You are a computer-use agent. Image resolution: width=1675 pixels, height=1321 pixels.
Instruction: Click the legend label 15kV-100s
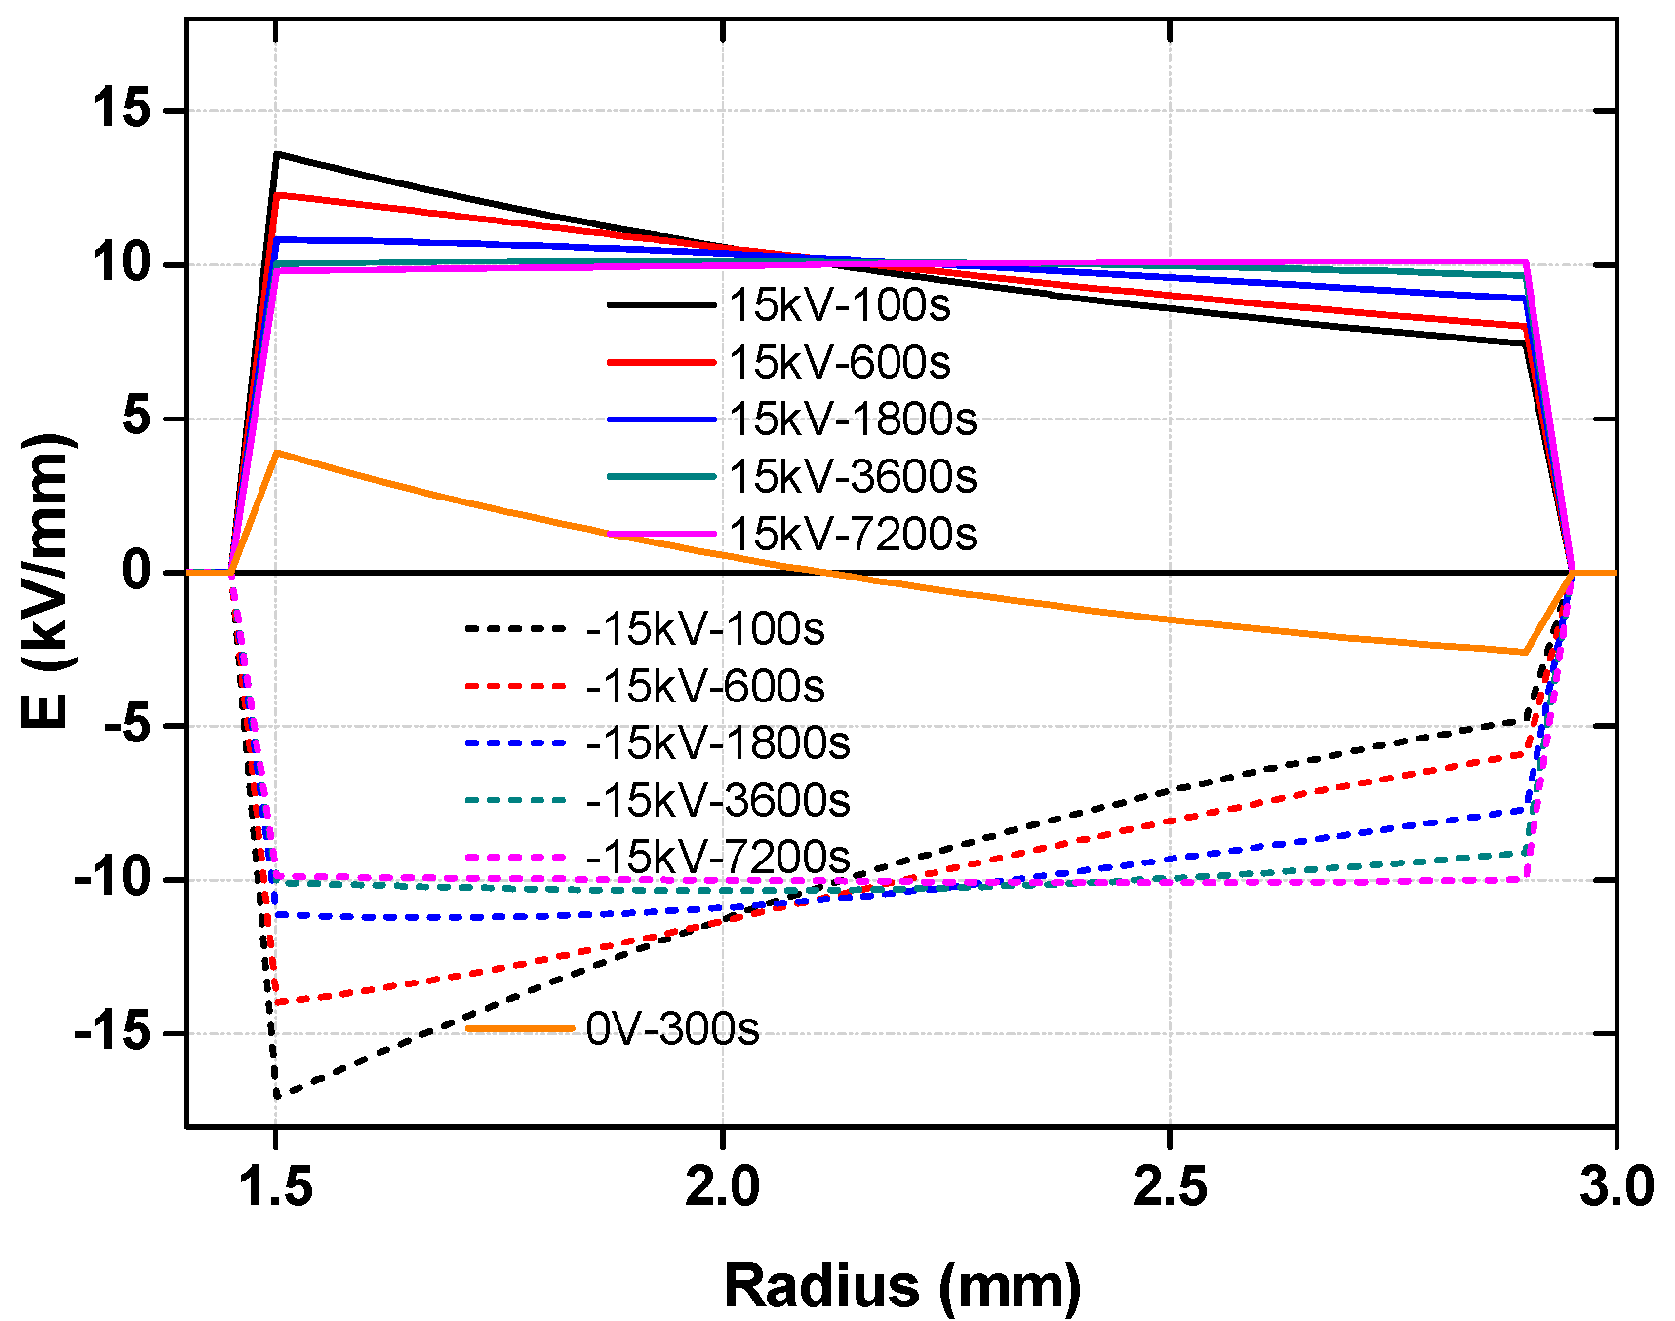[839, 305]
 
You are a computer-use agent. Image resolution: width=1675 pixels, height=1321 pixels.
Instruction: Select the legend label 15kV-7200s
[853, 534]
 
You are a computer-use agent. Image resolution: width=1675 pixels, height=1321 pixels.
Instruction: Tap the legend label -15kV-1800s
[718, 743]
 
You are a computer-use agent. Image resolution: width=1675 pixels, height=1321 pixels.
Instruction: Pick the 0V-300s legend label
[672, 1028]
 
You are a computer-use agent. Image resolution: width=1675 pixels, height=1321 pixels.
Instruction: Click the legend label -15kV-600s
[705, 687]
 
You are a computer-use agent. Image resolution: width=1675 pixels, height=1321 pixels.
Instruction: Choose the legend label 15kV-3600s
[853, 476]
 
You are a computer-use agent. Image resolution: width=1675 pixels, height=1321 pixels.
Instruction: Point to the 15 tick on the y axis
[123, 108]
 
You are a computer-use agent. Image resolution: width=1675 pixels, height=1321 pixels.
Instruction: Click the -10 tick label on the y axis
[112, 879]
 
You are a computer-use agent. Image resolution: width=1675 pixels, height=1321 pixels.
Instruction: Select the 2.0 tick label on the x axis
[722, 1188]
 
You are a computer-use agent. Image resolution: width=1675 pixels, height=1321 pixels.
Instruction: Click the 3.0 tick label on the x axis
[1616, 1188]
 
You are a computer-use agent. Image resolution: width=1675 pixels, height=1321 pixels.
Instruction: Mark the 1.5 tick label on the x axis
[277, 1188]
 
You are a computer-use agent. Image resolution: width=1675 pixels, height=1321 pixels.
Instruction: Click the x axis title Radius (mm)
[902, 1285]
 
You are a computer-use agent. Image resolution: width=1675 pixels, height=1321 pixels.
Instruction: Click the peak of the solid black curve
[277, 153]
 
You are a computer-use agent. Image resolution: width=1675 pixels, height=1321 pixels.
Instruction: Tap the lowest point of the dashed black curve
[277, 1097]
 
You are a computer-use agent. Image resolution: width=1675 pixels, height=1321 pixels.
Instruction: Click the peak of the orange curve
[278, 452]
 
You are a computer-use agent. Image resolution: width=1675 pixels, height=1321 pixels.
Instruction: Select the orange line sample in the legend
[519, 1028]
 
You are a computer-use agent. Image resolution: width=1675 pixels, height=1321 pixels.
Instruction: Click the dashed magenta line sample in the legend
[516, 858]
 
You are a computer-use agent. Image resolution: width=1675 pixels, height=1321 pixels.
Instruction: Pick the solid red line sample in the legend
[661, 362]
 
